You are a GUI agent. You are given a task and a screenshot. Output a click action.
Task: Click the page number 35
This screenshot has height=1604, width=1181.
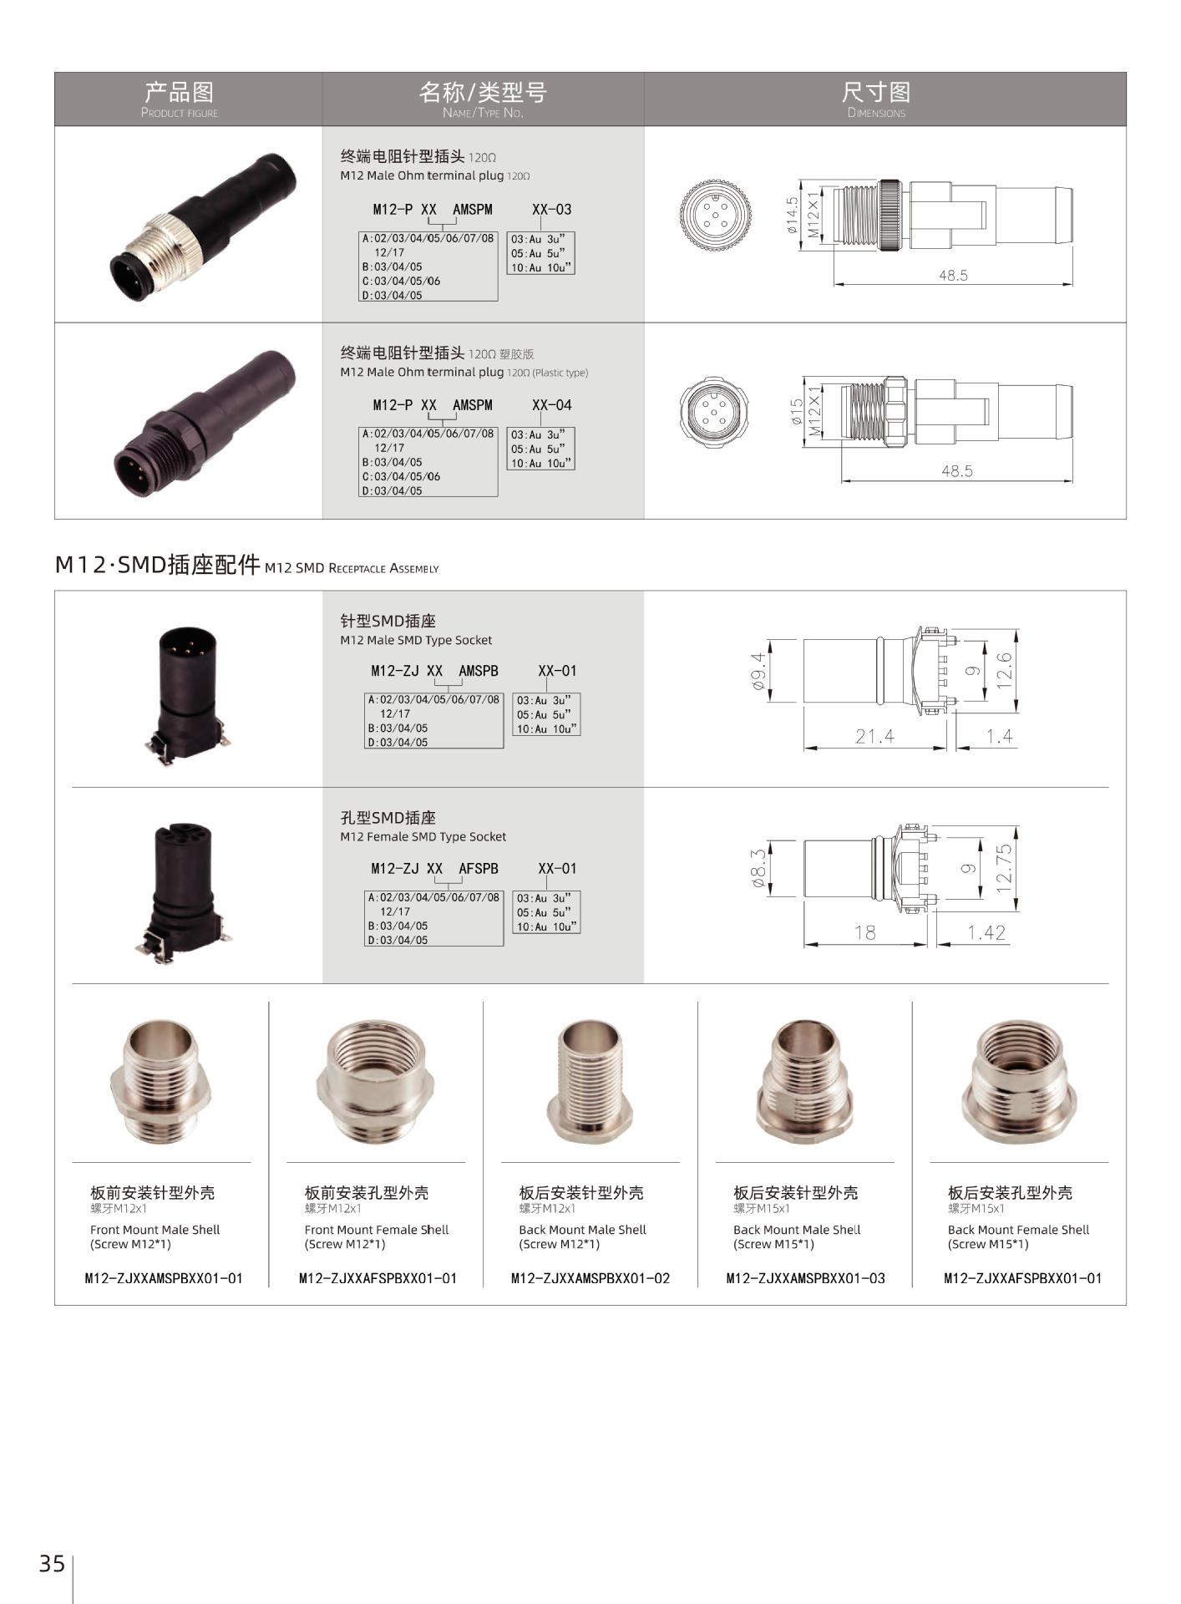click(x=52, y=1563)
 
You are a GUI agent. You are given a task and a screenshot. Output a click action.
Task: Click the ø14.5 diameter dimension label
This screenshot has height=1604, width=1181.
click(x=792, y=213)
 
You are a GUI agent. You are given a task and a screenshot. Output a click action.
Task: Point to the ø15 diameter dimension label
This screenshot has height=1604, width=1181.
click(x=797, y=412)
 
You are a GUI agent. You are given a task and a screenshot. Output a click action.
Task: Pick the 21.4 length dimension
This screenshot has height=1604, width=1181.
click(x=874, y=736)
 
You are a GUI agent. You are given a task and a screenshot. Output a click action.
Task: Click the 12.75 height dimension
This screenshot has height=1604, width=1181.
click(x=1004, y=868)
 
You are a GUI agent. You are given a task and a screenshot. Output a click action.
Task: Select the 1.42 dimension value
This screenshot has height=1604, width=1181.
click(x=986, y=932)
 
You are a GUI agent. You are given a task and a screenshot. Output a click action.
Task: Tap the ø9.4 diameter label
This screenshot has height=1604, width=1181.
click(x=759, y=672)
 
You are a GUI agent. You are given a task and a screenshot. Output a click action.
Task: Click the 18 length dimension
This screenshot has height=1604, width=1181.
click(x=864, y=932)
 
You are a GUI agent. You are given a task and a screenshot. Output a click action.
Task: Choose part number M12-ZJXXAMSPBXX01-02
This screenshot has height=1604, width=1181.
click(x=590, y=1278)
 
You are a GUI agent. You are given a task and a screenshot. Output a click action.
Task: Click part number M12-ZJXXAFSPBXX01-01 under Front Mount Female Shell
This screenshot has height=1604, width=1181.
click(x=378, y=1278)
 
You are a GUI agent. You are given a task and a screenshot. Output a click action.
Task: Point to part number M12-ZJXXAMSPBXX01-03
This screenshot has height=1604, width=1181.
click(x=806, y=1278)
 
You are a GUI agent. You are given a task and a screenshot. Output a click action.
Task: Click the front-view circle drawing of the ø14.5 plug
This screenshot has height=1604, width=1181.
click(x=715, y=212)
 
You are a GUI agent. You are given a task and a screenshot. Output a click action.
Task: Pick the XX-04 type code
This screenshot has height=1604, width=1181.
click(x=552, y=405)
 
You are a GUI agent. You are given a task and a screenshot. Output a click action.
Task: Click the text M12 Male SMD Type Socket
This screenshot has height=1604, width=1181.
click(x=416, y=641)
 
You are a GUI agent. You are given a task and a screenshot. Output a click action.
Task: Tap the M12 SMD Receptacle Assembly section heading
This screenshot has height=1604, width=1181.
click(x=246, y=566)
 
